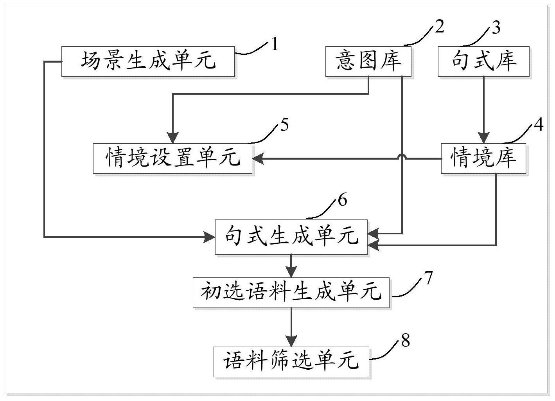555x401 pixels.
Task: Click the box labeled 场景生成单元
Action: point(148,61)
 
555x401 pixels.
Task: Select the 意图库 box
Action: point(368,61)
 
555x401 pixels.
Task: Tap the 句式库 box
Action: point(483,61)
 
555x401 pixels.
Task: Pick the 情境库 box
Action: point(483,158)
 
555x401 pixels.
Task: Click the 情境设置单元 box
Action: point(172,158)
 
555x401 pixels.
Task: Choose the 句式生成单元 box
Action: point(291,237)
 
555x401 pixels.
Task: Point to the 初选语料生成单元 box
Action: point(291,292)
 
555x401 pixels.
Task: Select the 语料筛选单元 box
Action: point(291,361)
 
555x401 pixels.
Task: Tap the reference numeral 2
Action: point(440,27)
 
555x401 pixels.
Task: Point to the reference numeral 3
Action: point(496,28)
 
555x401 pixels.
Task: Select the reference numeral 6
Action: point(342,200)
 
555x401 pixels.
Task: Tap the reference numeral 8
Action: point(405,340)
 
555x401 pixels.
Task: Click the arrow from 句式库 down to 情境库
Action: point(484,110)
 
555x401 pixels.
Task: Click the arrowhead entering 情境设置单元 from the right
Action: point(258,159)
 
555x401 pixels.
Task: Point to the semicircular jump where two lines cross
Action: point(402,157)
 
